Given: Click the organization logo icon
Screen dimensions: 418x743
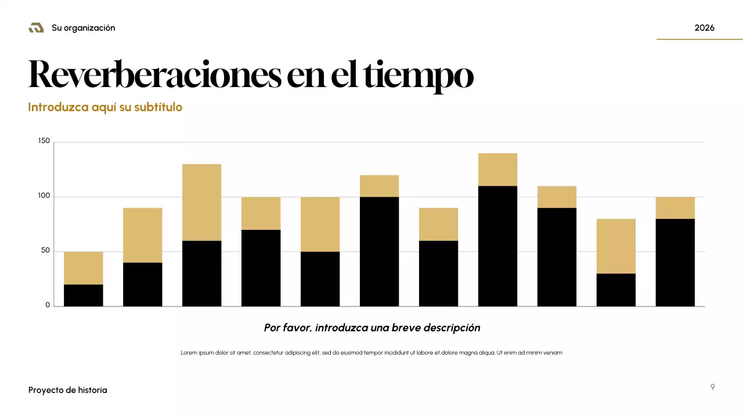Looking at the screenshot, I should tap(36, 28).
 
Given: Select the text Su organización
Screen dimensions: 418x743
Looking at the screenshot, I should tap(83, 28).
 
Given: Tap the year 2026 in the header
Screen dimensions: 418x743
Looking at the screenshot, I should tap(704, 28).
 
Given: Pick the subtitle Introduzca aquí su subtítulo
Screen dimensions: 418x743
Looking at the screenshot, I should tap(105, 107).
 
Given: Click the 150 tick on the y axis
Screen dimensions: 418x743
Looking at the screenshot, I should tap(44, 141).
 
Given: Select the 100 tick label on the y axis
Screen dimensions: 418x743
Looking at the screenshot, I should tap(44, 196).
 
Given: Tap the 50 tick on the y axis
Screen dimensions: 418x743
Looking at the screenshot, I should tap(46, 251).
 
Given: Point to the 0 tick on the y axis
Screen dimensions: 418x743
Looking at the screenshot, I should tap(48, 305).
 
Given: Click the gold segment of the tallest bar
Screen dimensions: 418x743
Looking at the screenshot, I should tap(497, 170).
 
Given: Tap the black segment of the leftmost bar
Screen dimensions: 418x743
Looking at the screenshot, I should tap(83, 295).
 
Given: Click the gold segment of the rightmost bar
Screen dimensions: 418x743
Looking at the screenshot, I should tap(675, 208).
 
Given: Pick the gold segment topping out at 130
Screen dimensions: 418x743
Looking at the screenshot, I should tap(201, 202).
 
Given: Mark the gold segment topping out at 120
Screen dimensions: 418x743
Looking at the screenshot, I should tap(379, 186).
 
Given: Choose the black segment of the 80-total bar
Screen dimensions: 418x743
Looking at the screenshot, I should tap(616, 290).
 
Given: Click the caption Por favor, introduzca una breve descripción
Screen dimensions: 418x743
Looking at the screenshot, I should tap(372, 327).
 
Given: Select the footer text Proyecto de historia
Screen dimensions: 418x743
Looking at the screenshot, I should tap(68, 390).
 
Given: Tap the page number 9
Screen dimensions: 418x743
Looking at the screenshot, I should tap(712, 387).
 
